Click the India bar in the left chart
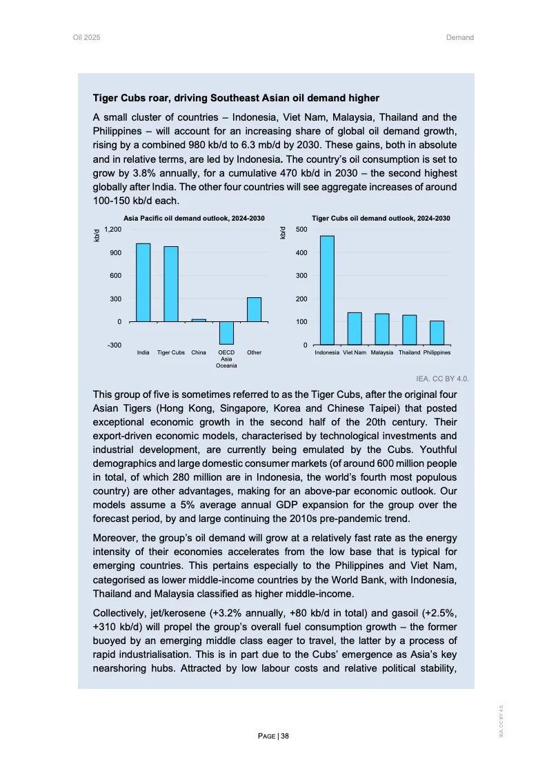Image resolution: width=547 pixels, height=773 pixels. pos(143,283)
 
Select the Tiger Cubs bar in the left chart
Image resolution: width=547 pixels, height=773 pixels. pos(171,284)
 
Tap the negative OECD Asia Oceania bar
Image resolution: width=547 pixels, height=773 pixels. pos(226,333)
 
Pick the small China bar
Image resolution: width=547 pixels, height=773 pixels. pos(199,320)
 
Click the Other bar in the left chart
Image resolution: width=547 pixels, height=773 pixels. pos(254,310)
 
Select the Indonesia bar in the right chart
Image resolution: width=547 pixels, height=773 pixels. pos(327,290)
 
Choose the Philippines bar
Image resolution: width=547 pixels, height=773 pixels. pos(437,333)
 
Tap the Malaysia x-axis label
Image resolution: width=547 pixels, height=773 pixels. pos(381,352)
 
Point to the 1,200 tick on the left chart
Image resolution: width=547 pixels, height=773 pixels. pos(115,229)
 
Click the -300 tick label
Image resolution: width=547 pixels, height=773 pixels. pos(115,345)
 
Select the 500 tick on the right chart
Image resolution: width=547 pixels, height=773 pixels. pos(302,229)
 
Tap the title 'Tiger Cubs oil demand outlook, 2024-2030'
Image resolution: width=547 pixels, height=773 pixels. pos(381,219)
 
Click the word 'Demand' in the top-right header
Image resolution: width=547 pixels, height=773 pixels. pos(460,37)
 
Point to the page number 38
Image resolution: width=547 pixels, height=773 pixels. pos(284,736)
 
